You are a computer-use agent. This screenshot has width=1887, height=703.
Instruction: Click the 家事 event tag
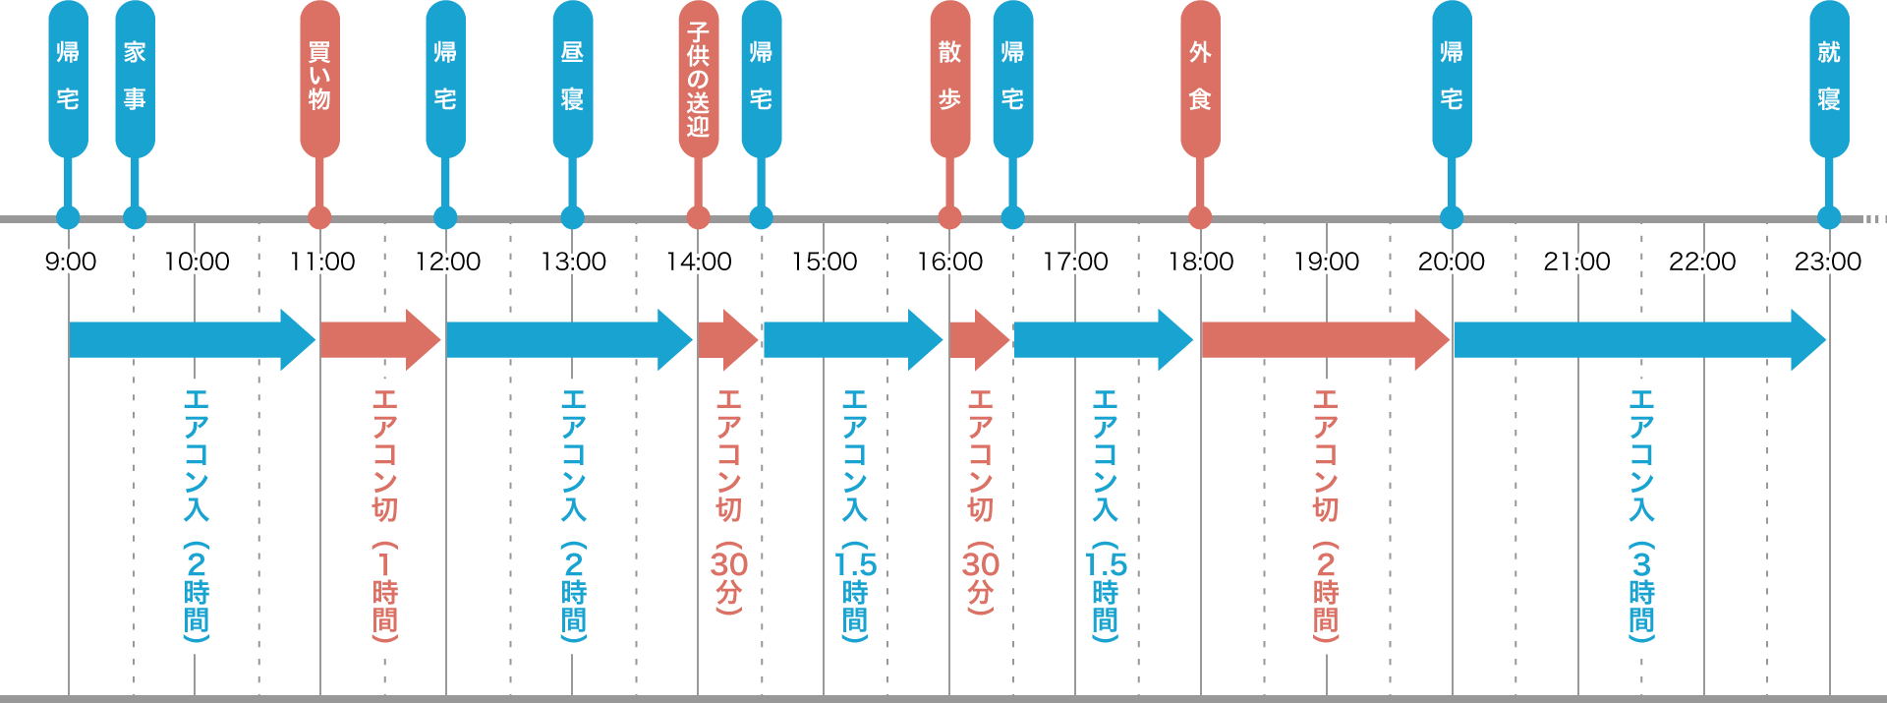click(135, 77)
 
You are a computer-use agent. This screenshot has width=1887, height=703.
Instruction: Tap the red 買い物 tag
click(319, 77)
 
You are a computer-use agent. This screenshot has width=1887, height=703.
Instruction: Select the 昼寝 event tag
click(572, 77)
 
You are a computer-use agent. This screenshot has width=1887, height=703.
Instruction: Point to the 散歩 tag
click(949, 77)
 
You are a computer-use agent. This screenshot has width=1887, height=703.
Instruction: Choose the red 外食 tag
click(1200, 77)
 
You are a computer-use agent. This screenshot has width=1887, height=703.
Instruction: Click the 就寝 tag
click(1829, 77)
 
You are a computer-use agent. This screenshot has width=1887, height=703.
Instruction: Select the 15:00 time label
click(825, 262)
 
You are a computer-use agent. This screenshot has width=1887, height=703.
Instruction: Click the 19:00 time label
click(1327, 262)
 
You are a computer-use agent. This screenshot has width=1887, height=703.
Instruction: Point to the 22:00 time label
click(1702, 262)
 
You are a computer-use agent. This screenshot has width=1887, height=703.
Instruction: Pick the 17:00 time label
click(1076, 262)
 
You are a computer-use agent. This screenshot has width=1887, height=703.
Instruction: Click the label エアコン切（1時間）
click(384, 514)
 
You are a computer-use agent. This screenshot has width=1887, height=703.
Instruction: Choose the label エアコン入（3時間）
click(1641, 514)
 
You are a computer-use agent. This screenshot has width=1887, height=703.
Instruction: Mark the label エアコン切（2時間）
click(1326, 514)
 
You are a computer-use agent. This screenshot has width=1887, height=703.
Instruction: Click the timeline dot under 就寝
click(1829, 217)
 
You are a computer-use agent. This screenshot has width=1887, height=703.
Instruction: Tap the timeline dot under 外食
click(1200, 217)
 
